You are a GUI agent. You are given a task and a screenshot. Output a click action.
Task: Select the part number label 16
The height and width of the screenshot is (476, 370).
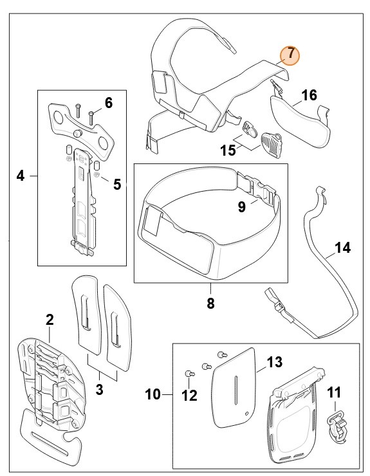(x=309, y=96)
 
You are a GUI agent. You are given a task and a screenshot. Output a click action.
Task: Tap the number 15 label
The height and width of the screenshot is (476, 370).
(x=228, y=151)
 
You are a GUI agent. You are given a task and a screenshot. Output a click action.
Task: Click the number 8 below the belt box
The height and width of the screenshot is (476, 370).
(x=211, y=302)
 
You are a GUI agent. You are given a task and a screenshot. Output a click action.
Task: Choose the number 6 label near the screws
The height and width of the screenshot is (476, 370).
(x=108, y=102)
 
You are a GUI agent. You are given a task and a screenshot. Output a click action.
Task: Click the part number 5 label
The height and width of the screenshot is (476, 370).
(x=117, y=185)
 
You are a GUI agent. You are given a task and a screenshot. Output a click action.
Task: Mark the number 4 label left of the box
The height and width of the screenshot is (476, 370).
(x=21, y=175)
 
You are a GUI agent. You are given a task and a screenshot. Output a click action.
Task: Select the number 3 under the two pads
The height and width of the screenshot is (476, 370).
(x=99, y=389)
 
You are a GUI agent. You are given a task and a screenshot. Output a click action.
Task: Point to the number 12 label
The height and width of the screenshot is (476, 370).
(x=189, y=396)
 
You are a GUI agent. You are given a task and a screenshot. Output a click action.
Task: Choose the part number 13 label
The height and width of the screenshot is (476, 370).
(x=274, y=362)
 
